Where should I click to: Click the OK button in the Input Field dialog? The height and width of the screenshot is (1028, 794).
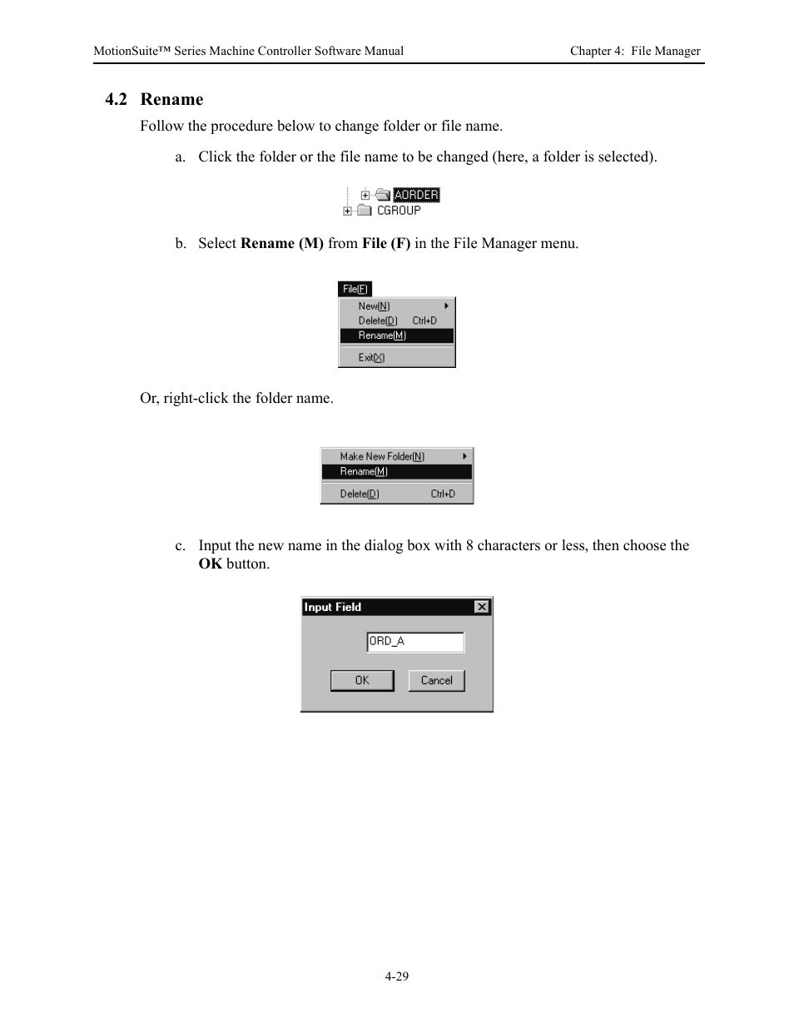click(362, 681)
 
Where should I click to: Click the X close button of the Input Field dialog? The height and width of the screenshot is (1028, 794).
click(482, 607)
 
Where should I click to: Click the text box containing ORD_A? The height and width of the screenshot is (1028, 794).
click(415, 642)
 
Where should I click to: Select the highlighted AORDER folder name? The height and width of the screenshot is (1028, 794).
click(415, 195)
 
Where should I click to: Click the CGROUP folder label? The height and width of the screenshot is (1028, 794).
click(399, 211)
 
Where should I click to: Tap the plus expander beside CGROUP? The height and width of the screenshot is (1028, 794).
click(348, 211)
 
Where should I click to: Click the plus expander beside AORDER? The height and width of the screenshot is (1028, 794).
click(365, 196)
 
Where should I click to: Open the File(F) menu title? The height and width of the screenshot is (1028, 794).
click(355, 289)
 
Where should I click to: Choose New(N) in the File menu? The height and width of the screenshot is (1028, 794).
click(374, 305)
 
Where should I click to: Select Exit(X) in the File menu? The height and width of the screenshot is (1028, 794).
click(371, 358)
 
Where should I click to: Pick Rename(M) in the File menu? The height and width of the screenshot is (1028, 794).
click(382, 335)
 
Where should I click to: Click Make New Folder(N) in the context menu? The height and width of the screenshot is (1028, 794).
click(382, 456)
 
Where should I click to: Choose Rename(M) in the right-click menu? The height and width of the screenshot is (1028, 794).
click(364, 471)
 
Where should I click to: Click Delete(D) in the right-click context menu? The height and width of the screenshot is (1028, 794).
click(360, 494)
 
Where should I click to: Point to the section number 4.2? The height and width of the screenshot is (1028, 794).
click(117, 100)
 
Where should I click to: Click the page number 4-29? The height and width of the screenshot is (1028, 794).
click(397, 976)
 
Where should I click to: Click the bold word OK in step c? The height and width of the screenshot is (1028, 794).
click(210, 564)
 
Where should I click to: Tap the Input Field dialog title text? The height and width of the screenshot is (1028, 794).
click(333, 607)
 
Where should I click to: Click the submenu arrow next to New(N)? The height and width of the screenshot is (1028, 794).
click(446, 305)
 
